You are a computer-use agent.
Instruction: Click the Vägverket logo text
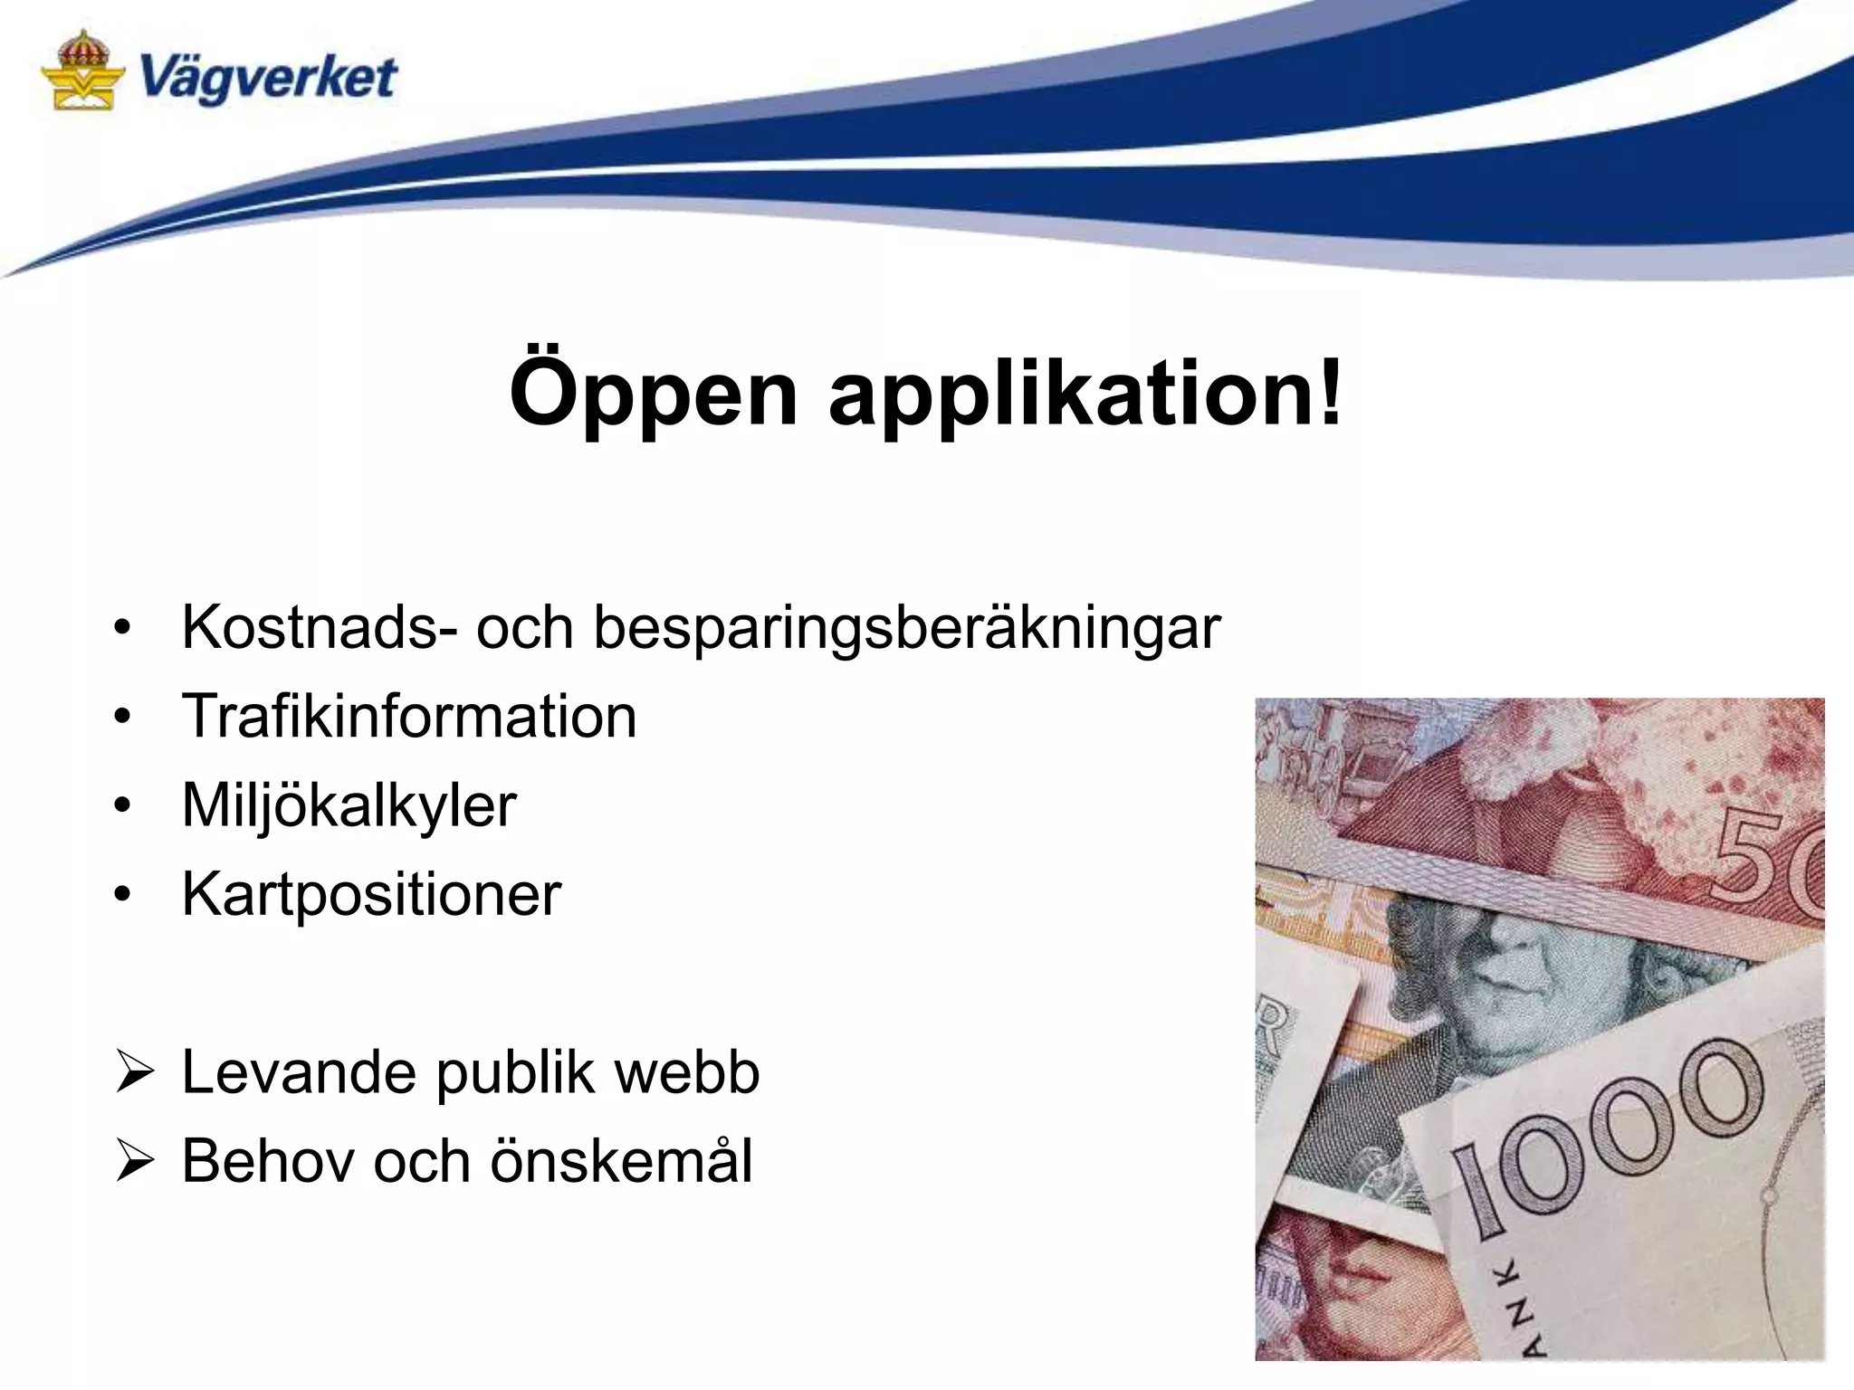pos(268,78)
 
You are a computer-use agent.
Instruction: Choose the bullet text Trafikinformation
pos(409,716)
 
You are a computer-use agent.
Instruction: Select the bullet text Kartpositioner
pos(371,894)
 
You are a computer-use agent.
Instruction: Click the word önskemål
pos(621,1161)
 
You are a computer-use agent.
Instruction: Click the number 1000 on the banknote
pos(1607,1136)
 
